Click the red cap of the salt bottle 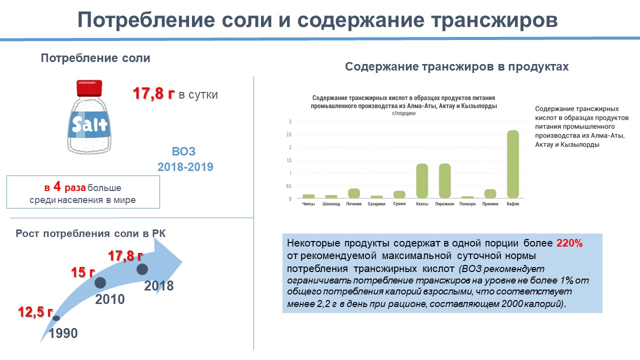point(89,88)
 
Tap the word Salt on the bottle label point(89,124)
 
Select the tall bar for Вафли point(513,164)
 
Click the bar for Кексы point(422,181)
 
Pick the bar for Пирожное point(445,181)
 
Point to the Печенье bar point(354,193)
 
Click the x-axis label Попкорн point(467,204)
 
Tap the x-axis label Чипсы point(308,204)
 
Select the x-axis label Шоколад point(331,204)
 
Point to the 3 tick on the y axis point(290,121)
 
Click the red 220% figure point(569,243)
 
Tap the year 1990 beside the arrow point(63,333)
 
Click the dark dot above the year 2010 point(100,282)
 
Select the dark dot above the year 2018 point(142,269)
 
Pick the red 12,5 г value point(35,312)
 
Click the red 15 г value point(83,272)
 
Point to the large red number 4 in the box point(57,186)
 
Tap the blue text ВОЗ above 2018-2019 point(183,151)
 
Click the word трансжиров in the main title point(494,20)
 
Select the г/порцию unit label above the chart point(403,113)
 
